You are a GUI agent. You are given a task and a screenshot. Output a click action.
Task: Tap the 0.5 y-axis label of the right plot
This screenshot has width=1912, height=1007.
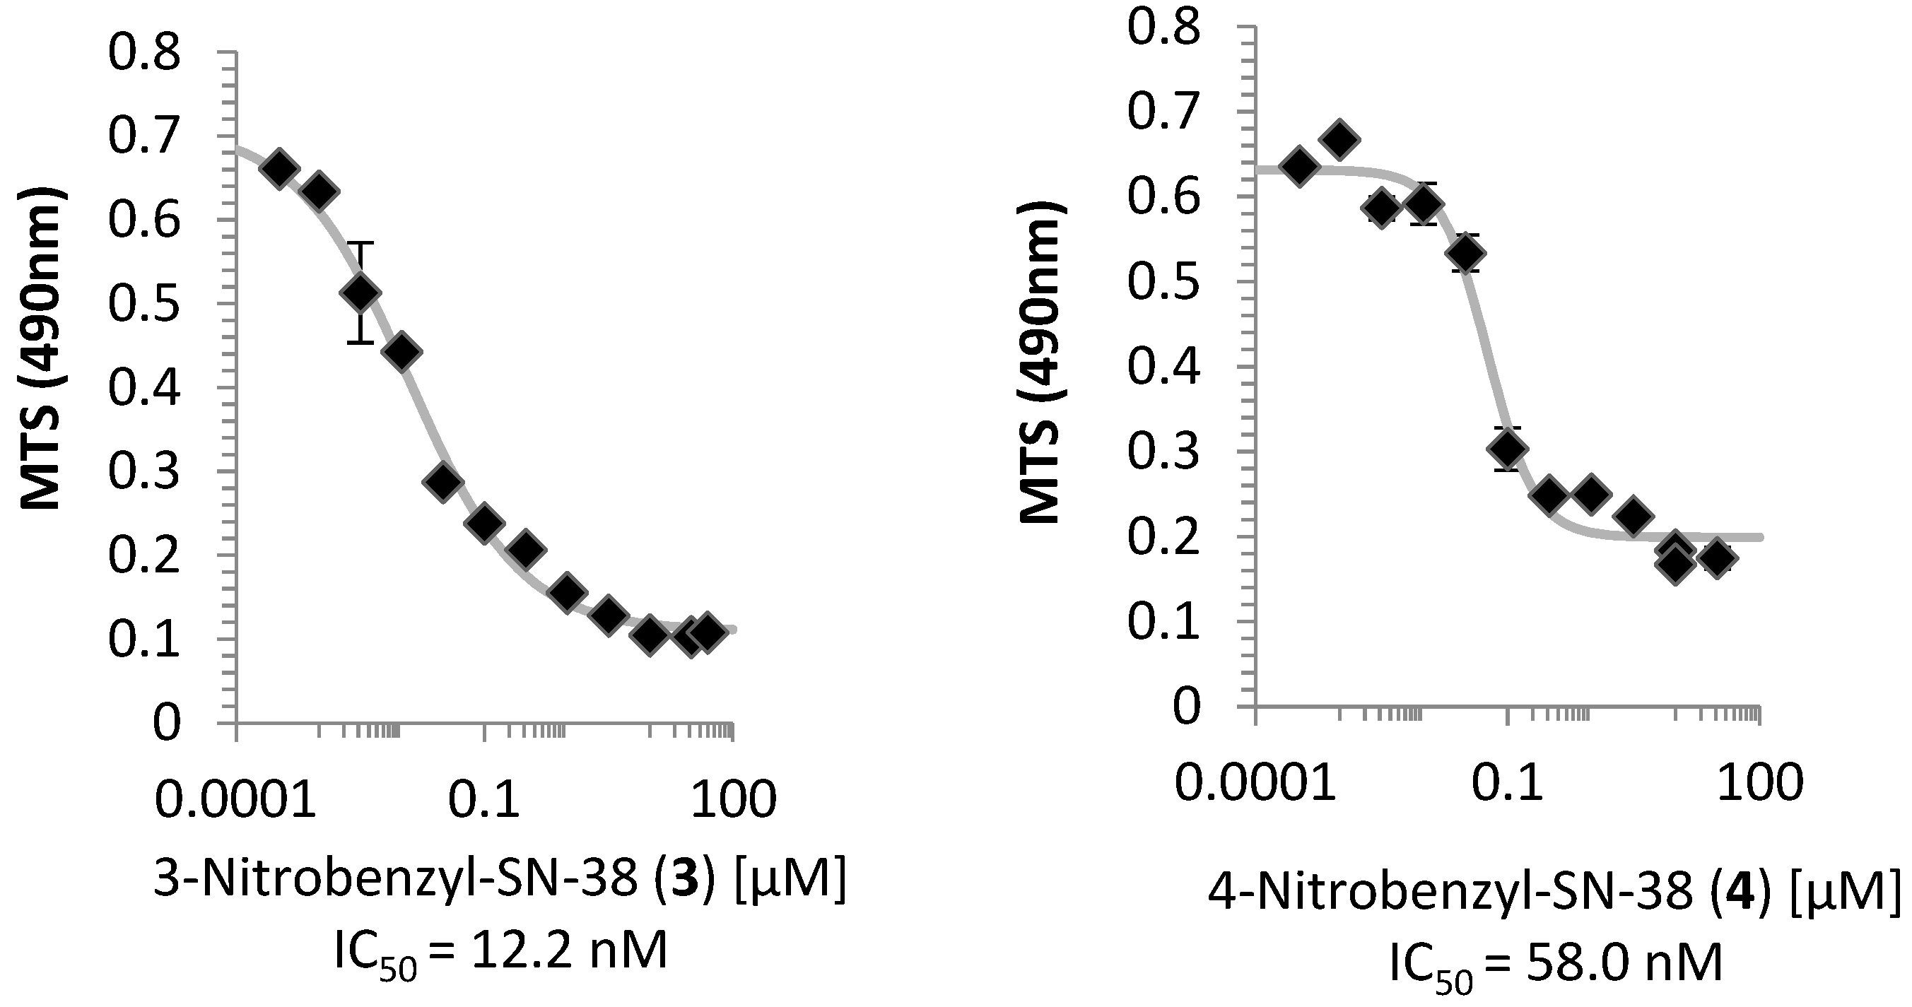(x=1163, y=282)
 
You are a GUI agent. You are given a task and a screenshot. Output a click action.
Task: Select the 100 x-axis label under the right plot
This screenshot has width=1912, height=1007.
(x=1760, y=782)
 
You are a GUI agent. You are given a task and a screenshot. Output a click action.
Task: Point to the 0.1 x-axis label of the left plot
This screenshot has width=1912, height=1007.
(x=484, y=799)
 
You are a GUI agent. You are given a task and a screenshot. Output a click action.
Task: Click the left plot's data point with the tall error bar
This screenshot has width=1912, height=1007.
(x=360, y=293)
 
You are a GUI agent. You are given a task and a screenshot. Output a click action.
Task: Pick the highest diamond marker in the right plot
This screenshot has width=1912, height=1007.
(x=1339, y=139)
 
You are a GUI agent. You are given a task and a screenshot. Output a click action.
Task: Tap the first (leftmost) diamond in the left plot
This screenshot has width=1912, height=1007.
(x=280, y=169)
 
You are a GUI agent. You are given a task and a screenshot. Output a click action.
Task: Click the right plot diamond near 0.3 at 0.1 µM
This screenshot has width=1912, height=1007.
(x=1507, y=448)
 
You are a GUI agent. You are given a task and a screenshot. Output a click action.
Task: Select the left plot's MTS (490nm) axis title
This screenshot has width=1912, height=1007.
(x=41, y=349)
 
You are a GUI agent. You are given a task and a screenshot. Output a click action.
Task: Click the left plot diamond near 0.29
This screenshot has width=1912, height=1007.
(x=443, y=483)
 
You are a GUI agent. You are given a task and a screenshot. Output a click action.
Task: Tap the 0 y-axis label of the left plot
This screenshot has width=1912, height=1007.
(x=167, y=722)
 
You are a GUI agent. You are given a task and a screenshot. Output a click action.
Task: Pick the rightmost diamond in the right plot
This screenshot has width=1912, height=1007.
(x=1717, y=559)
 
